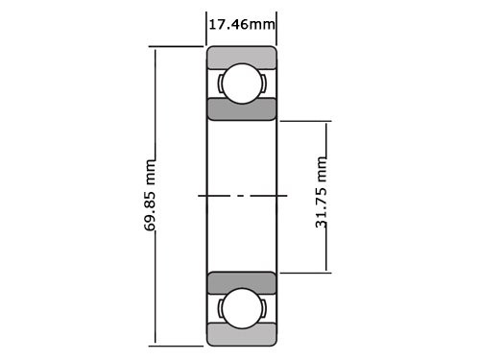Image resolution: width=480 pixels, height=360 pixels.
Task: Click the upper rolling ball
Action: tap(242, 84)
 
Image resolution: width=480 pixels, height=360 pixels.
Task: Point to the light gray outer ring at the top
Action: tap(242, 56)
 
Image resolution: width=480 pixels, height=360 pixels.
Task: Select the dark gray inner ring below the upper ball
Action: tap(242, 108)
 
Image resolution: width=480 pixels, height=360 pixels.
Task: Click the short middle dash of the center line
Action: tap(242, 196)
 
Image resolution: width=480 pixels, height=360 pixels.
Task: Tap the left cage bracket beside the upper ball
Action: tap(220, 84)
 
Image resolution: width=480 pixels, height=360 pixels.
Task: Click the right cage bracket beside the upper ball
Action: tap(264, 84)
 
